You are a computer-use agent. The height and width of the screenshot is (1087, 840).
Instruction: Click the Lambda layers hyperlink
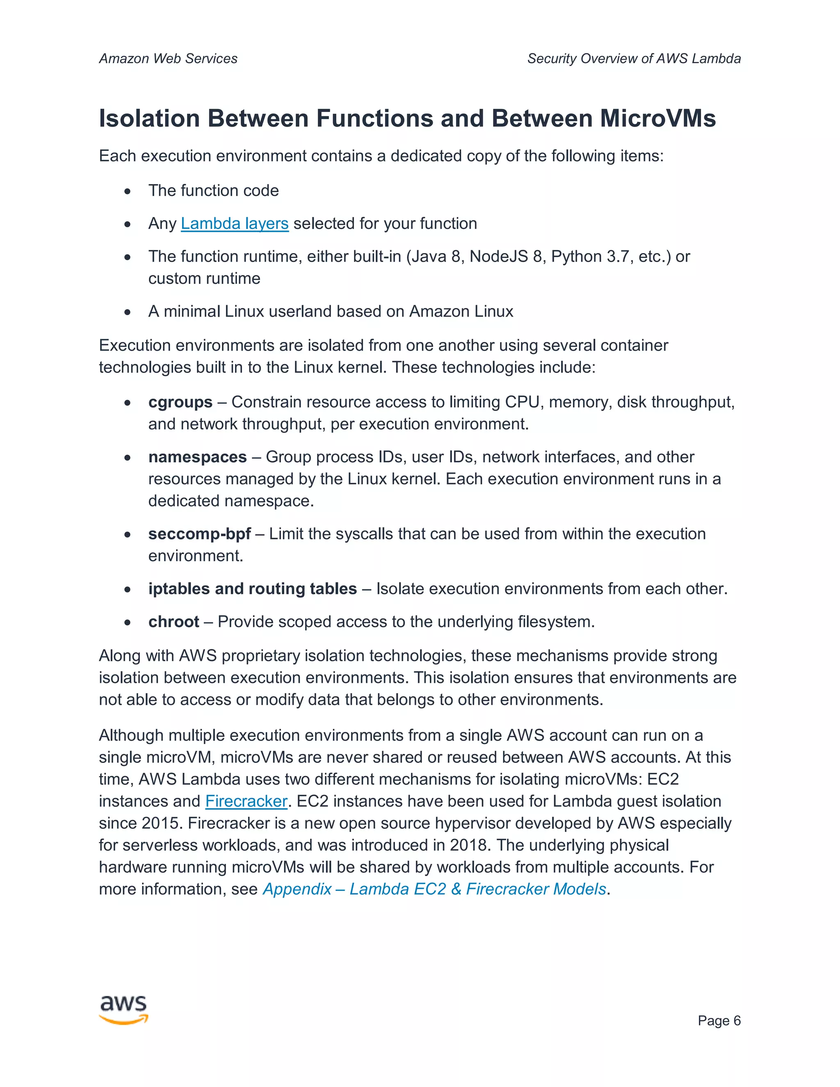(x=234, y=224)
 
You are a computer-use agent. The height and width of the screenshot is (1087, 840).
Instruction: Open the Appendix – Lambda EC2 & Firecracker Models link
(x=434, y=888)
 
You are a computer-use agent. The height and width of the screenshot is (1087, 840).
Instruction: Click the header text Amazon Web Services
(x=168, y=59)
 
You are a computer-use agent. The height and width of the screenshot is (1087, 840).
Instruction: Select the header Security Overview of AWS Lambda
(x=633, y=59)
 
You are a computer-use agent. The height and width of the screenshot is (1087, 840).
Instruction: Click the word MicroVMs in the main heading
(x=657, y=119)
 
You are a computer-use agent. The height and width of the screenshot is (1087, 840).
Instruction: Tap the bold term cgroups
(x=180, y=402)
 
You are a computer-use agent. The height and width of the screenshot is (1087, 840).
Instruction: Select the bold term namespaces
(x=197, y=457)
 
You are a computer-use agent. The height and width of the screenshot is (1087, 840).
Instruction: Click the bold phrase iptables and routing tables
(x=252, y=588)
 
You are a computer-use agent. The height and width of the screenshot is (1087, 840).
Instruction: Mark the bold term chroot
(x=173, y=621)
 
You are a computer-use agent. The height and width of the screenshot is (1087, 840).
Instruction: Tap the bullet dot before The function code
(x=128, y=191)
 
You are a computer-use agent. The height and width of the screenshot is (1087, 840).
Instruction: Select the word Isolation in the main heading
(x=149, y=119)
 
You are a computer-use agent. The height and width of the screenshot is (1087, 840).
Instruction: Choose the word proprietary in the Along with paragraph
(x=260, y=655)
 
